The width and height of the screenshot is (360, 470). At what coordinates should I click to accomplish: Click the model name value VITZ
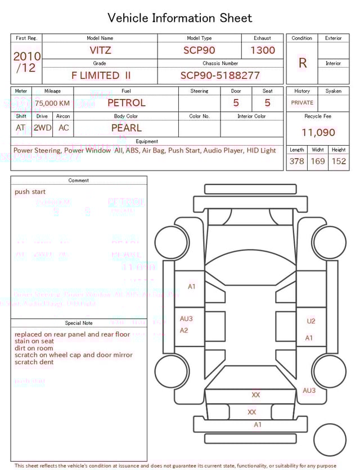coord(101,50)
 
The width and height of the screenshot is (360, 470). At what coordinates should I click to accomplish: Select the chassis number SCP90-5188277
coord(220,75)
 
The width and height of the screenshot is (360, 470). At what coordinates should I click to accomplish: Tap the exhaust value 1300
coord(263,50)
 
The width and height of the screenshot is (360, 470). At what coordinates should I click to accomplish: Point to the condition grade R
coord(303,63)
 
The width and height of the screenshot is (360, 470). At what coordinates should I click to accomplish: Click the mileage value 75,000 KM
coord(52,104)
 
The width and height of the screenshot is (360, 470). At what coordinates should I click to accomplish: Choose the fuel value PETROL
coord(126,103)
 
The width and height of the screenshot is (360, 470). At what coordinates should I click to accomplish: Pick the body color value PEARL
coord(126,128)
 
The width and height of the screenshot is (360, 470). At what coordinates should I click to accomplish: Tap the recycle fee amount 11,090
coord(318,133)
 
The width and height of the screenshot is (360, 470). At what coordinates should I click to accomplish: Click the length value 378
coord(296,162)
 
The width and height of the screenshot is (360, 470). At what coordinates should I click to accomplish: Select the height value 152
coord(339,162)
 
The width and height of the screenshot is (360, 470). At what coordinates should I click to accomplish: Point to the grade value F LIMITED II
coord(101,75)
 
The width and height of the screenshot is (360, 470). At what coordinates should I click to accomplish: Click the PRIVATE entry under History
coord(302,103)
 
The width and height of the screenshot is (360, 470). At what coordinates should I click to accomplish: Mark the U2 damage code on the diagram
coord(311,321)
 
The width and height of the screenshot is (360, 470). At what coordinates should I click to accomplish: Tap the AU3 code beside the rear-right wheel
coord(309,391)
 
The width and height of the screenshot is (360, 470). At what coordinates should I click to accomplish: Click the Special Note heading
coord(79,323)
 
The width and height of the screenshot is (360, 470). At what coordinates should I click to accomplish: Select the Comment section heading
coord(79,181)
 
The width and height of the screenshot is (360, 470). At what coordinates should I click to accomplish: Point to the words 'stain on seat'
coord(34,341)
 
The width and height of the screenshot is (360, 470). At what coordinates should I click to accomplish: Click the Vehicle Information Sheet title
coord(180,18)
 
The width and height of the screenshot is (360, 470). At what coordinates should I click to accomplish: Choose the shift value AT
coord(21,128)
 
